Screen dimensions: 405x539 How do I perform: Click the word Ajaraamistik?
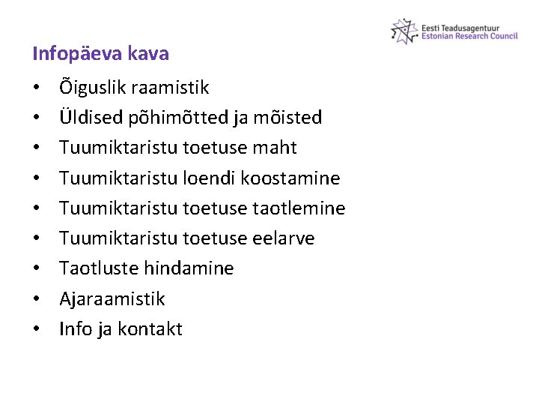click(112, 299)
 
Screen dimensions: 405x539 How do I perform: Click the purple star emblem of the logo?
click(404, 31)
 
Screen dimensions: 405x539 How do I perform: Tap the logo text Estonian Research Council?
click(469, 36)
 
